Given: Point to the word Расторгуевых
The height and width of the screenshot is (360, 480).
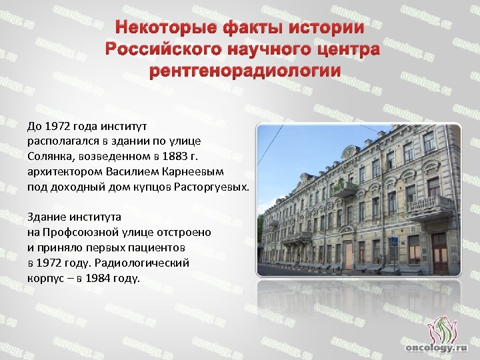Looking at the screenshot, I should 215,187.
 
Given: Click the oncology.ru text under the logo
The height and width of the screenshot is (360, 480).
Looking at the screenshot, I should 437,347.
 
